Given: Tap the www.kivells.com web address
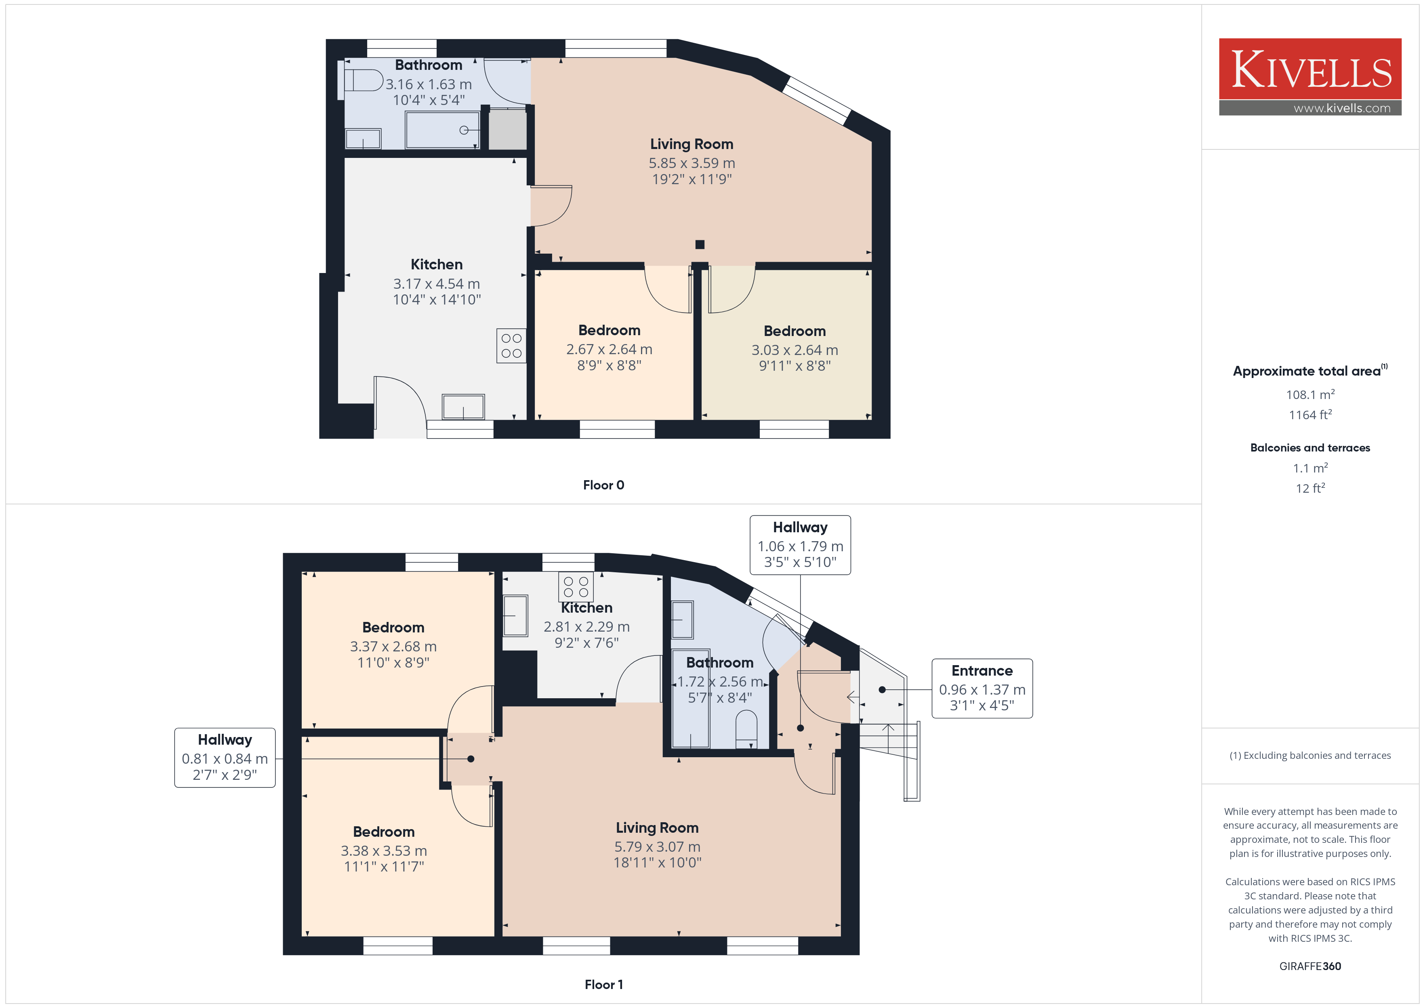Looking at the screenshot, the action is tap(1342, 108).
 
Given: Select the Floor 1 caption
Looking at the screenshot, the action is tap(603, 985).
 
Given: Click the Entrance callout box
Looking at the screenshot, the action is tap(982, 688).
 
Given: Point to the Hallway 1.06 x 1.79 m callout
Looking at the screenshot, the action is tap(800, 545).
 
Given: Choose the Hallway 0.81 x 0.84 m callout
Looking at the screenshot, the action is tap(225, 757).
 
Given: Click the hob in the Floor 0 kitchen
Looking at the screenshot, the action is tap(511, 346).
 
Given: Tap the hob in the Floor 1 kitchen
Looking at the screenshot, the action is tap(576, 586).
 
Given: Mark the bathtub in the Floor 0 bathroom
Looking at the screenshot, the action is tap(443, 130).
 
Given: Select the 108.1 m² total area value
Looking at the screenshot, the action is tap(1310, 394).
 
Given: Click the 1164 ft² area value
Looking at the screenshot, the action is tap(1310, 415).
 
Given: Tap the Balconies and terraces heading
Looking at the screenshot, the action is tap(1310, 447).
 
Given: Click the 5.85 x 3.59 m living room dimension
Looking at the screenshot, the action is tap(692, 163).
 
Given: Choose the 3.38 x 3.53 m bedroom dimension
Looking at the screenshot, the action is tap(384, 850).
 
